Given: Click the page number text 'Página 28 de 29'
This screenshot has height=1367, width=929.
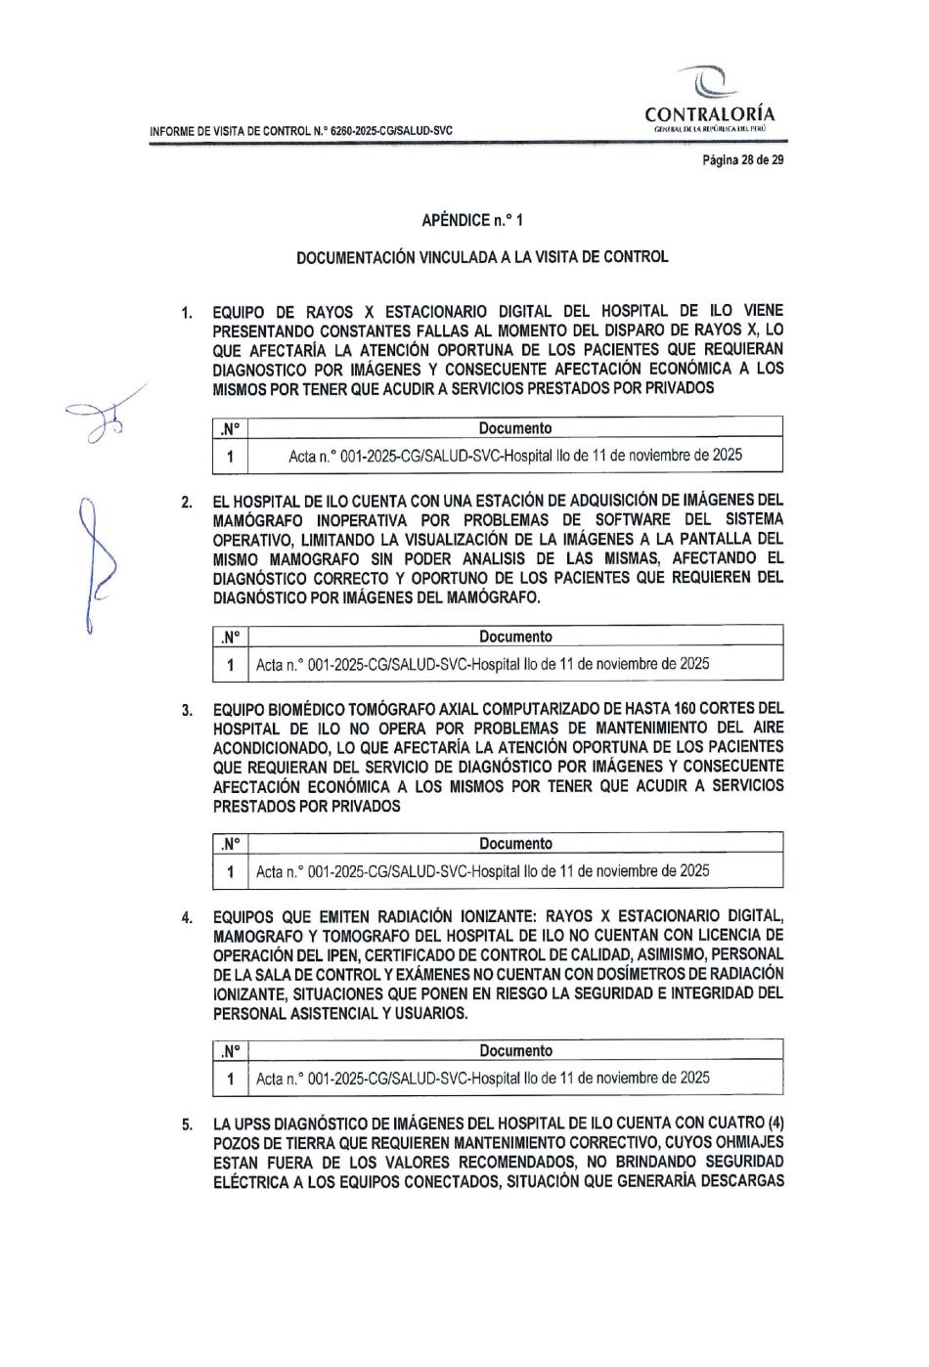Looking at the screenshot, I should [x=743, y=159].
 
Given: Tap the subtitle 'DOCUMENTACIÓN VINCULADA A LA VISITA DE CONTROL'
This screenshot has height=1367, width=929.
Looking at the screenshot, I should [x=482, y=257].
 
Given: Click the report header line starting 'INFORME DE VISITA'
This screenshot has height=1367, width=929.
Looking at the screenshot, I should [x=299, y=131].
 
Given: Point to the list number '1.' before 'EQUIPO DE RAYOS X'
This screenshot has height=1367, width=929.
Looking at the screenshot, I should [x=186, y=313].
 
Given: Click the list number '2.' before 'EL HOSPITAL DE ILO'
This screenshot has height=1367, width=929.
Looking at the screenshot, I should [x=186, y=502].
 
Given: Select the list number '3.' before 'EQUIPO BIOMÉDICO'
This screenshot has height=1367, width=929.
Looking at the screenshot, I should [x=186, y=709].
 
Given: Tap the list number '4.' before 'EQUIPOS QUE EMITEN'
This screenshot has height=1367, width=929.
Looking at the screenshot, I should [x=186, y=917].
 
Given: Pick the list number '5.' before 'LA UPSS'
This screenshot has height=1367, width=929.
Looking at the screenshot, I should [x=186, y=1125].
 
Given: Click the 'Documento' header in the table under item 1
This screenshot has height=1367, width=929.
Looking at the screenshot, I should [x=515, y=428].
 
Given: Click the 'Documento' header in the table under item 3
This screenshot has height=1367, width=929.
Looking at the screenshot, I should [x=515, y=843].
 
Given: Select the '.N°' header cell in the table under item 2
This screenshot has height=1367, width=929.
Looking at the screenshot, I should [x=230, y=637].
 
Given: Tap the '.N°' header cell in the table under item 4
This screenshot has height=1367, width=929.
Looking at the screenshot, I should [x=230, y=1051].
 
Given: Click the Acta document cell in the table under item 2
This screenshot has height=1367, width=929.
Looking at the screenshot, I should [x=482, y=664].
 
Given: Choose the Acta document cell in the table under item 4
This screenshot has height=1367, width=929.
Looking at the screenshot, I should [x=482, y=1079].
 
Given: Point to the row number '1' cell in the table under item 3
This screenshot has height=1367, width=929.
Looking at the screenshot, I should [x=230, y=871].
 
